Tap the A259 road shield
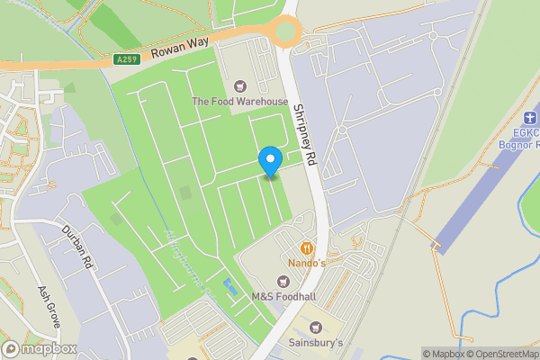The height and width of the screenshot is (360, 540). click(x=127, y=59)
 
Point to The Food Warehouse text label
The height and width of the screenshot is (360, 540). click(x=239, y=102)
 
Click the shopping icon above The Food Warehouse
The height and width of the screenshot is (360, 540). click(x=239, y=86)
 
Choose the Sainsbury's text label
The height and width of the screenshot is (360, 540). click(x=315, y=343)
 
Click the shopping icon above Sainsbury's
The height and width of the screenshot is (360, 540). click(x=315, y=327)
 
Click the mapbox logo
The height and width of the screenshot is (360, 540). click(x=40, y=348)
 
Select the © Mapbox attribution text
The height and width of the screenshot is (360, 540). click(x=443, y=354)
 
